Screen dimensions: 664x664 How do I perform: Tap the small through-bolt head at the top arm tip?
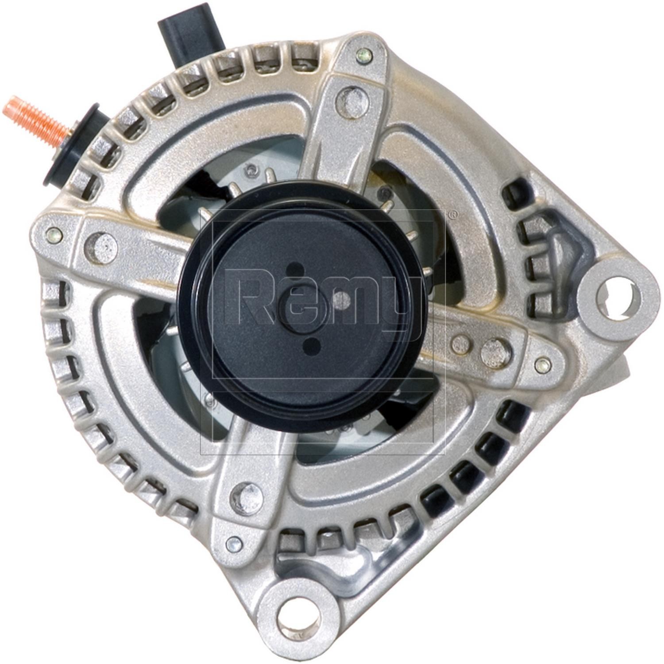[364, 55]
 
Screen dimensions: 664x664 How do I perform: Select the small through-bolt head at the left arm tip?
[54, 235]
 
